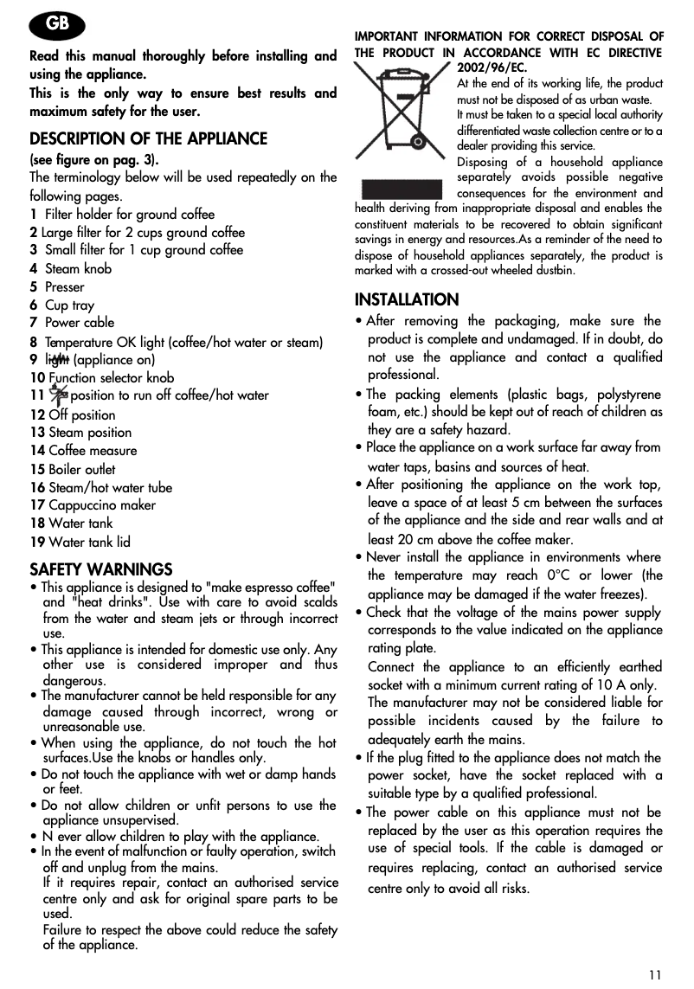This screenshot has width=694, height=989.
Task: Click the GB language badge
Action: pos(57,24)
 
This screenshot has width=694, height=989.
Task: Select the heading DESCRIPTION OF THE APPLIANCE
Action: pos(149,139)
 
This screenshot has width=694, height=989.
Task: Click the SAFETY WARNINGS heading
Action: pos(101,569)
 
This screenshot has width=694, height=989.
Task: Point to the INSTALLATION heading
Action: pos(407,300)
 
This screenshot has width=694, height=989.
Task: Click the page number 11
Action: pos(654,974)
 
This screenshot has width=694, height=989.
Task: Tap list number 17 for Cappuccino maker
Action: pos(37,505)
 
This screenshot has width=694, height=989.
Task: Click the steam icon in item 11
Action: pos(59,395)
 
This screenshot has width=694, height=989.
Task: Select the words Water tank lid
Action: pos(89,543)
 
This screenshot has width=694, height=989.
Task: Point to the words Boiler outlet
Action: pos(82,470)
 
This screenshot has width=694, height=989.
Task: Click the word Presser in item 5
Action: pos(65,287)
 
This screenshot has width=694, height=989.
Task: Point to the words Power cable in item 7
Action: pos(80,323)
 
